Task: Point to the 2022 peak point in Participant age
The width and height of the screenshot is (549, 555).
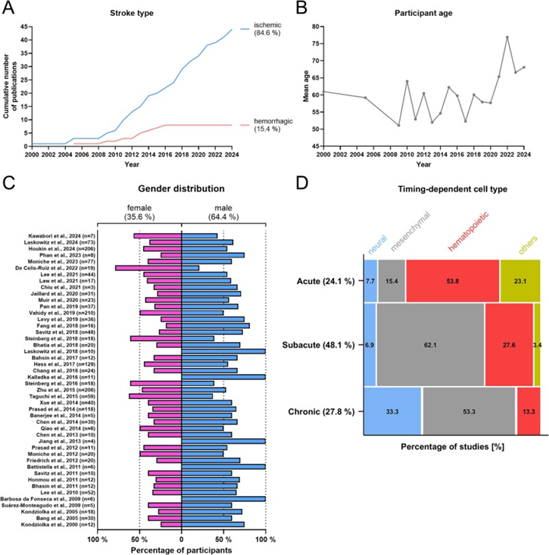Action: pos(507,37)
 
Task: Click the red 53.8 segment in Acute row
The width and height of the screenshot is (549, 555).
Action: pos(452,280)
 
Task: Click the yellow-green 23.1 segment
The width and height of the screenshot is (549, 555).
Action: pos(519,280)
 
